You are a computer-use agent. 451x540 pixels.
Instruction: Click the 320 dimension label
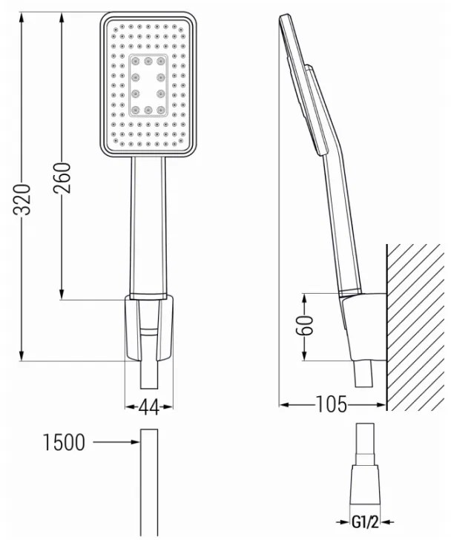[22, 200]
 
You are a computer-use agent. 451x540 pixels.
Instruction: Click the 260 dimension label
[62, 177]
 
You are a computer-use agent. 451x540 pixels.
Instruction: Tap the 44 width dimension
[149, 407]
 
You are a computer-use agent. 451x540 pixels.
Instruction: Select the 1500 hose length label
[64, 442]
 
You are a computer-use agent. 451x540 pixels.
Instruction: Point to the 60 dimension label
[305, 325]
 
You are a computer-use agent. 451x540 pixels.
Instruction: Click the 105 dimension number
[331, 404]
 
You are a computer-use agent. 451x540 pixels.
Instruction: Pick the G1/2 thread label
[365, 522]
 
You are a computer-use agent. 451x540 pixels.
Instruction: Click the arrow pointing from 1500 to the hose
[116, 442]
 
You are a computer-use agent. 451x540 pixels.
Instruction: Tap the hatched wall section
[415, 327]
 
